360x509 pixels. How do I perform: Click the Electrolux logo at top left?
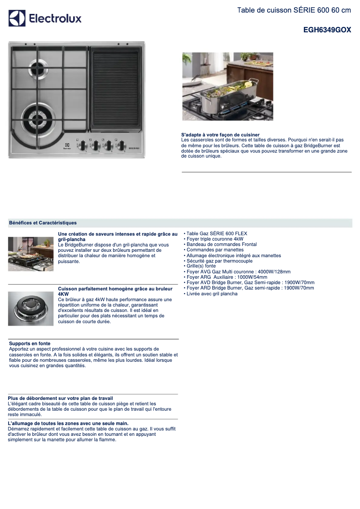click(45, 18)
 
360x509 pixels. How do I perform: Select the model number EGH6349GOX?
click(327, 30)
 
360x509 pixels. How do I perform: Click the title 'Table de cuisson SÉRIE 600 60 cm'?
click(294, 10)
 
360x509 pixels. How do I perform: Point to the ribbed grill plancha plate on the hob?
click(116, 88)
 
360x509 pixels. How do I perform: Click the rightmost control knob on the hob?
click(121, 145)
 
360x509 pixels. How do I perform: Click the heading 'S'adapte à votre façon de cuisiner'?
click(220, 135)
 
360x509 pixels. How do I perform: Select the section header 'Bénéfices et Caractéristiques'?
click(43, 223)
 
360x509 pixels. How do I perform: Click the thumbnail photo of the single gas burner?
click(31, 309)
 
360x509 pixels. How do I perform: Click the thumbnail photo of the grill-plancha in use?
click(31, 254)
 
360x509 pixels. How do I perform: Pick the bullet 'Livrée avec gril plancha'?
click(212, 294)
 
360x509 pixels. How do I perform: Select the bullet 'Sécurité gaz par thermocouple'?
click(219, 261)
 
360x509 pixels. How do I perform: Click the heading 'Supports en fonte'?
click(30, 343)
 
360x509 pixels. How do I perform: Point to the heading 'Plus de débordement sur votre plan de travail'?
click(60, 398)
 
